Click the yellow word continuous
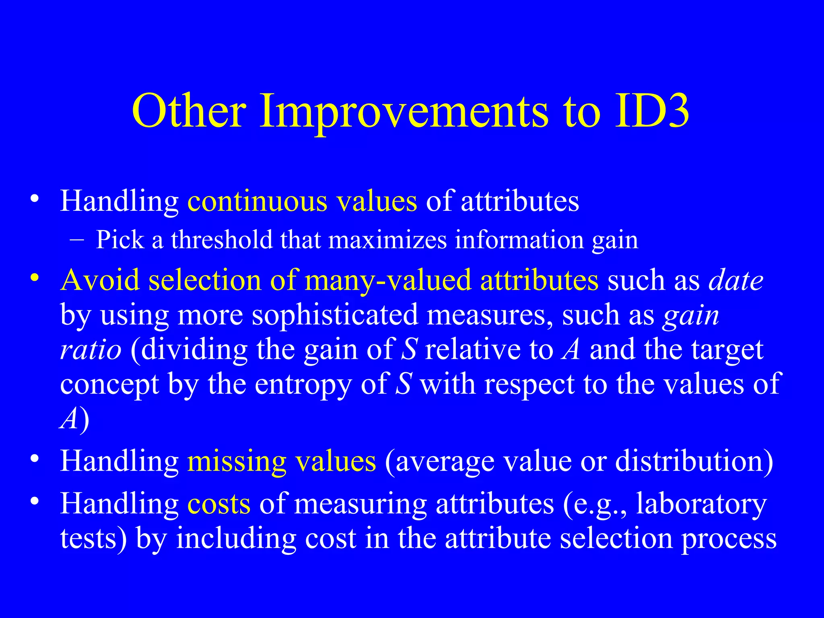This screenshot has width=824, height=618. [x=257, y=201]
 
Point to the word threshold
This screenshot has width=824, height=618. [x=222, y=240]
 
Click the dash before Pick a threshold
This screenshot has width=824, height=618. [x=77, y=240]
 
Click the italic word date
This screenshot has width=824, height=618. [x=736, y=280]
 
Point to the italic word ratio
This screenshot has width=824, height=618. [x=91, y=350]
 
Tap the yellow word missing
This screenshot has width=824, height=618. [x=237, y=461]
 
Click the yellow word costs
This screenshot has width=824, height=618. [x=219, y=504]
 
